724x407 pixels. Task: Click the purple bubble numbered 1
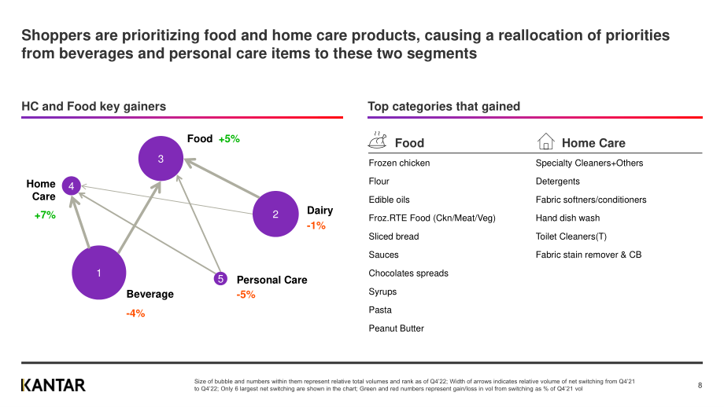pos(99,273)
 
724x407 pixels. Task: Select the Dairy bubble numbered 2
pos(275,214)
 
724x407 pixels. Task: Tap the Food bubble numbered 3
pos(161,159)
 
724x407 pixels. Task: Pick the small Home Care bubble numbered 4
pos(71,185)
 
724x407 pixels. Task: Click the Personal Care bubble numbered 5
pos(220,278)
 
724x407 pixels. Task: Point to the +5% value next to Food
pos(229,139)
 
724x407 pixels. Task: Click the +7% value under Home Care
pos(45,214)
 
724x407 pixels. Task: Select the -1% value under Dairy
pos(316,225)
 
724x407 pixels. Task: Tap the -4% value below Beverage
pos(135,313)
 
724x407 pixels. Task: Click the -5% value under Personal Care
pos(246,295)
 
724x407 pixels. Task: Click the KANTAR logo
pos(53,385)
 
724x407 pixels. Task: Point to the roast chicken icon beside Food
pos(377,140)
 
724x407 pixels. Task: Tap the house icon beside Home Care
pos(546,141)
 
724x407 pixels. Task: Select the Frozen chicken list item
pos(399,163)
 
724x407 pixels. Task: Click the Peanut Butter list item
pos(396,328)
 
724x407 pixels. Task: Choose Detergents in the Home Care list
pos(557,181)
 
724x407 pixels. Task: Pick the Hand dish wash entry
pos(567,218)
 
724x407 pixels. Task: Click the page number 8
pos(700,385)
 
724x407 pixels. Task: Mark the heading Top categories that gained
pos(444,107)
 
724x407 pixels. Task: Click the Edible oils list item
pos(389,200)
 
